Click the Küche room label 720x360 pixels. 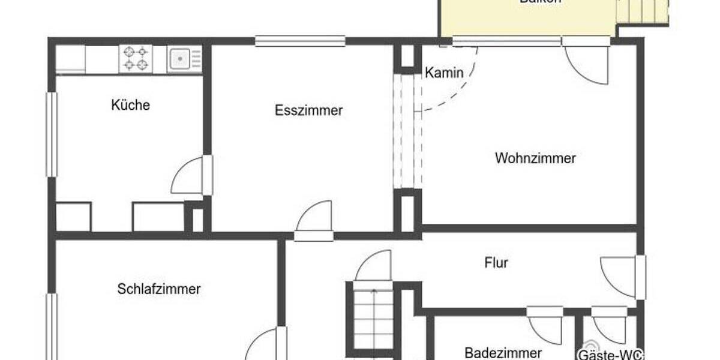[130, 106]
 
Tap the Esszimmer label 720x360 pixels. [309, 110]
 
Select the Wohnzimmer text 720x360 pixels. [535, 158]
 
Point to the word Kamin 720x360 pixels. [444, 73]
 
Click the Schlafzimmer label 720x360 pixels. [159, 289]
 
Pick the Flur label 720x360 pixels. [496, 263]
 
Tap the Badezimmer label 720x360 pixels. [503, 352]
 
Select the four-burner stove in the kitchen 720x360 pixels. [136, 58]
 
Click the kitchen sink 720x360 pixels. [180, 58]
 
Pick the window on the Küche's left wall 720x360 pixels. [52, 134]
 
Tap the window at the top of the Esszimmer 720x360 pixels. [300, 41]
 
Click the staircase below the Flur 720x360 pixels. [372, 318]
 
